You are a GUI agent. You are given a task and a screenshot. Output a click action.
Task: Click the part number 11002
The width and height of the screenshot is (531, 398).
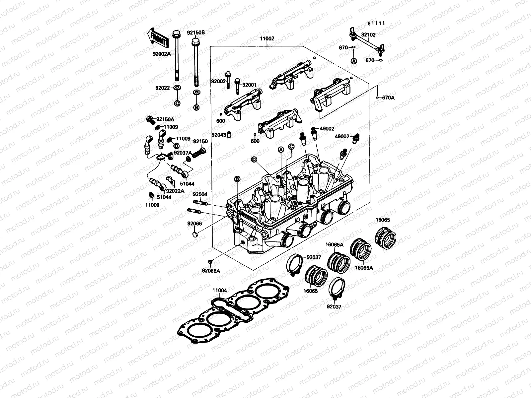click(267, 38)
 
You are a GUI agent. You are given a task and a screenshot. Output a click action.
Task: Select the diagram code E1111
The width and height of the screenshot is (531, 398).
click(376, 23)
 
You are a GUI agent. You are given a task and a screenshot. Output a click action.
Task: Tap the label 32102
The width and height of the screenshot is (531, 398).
click(369, 34)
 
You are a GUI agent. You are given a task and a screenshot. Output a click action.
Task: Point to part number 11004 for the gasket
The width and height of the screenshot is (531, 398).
click(220, 291)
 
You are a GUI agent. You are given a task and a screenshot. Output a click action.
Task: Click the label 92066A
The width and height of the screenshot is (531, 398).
click(211, 271)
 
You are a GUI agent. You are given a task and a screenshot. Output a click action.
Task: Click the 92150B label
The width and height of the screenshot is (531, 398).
click(196, 33)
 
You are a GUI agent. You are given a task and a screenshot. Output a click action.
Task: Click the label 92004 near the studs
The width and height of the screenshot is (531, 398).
click(200, 194)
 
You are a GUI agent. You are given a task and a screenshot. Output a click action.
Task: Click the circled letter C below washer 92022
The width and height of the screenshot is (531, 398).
click(177, 103)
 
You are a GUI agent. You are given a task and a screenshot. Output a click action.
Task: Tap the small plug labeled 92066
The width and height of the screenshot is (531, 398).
click(195, 235)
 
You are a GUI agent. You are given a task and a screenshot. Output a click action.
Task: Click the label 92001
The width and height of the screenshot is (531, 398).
click(249, 85)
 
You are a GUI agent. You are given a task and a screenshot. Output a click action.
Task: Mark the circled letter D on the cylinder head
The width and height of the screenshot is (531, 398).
click(254, 160)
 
